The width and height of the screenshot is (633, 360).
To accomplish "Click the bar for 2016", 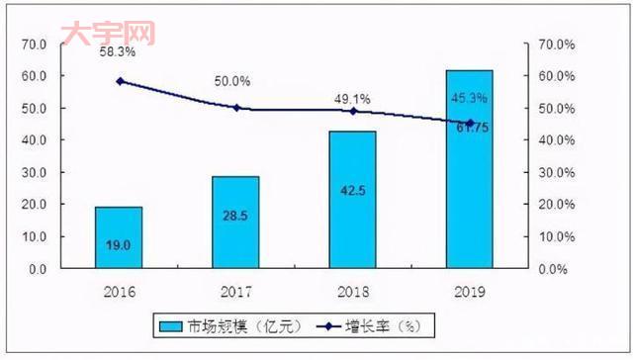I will pos(118,237).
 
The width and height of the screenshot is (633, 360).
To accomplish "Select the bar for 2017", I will pos(235,223).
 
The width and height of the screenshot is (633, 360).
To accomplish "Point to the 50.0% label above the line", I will pos(233,81).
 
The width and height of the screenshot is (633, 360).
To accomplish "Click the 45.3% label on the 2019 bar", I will pos(469,98).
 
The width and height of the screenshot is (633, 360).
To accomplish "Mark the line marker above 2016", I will pos(120,81).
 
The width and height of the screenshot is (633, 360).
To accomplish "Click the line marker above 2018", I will pos(353,111).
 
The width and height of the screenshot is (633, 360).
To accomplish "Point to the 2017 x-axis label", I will pos(235,293).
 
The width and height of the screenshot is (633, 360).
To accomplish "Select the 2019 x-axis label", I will pos(469,293).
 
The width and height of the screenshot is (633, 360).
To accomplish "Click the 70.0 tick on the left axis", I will pos(34,45).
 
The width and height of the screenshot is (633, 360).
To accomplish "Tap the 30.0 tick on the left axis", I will pos(34,172).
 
